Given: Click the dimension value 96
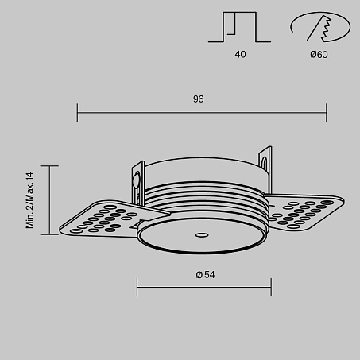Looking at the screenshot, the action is point(199,99).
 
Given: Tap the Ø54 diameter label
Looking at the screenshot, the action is point(206,275).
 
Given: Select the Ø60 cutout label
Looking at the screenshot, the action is point(319,55).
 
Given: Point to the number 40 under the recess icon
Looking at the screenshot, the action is point(240,54).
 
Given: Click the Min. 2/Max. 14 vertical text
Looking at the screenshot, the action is point(29,200).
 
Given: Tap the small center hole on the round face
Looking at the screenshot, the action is point(202,234).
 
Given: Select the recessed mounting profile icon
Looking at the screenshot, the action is point(239,27).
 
